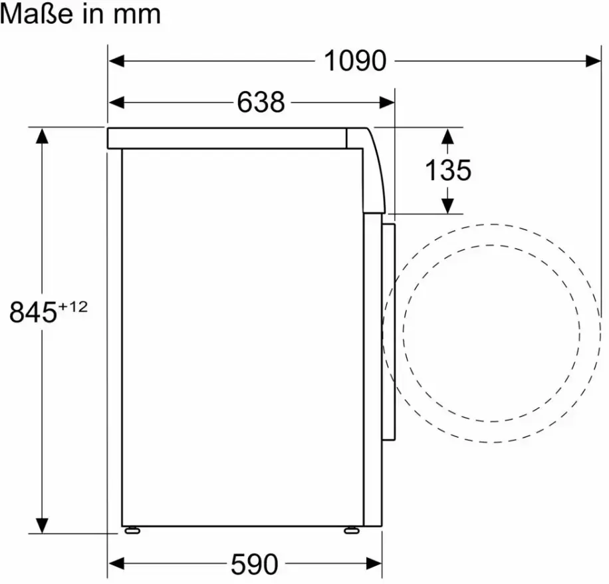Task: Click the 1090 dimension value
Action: (x=355, y=61)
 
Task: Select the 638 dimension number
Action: (x=261, y=102)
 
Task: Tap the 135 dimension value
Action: (x=448, y=170)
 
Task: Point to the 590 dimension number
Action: (x=255, y=564)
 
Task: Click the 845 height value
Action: (x=33, y=312)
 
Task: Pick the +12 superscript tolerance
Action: (x=73, y=307)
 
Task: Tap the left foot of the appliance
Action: (x=132, y=530)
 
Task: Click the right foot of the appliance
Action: (x=352, y=530)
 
